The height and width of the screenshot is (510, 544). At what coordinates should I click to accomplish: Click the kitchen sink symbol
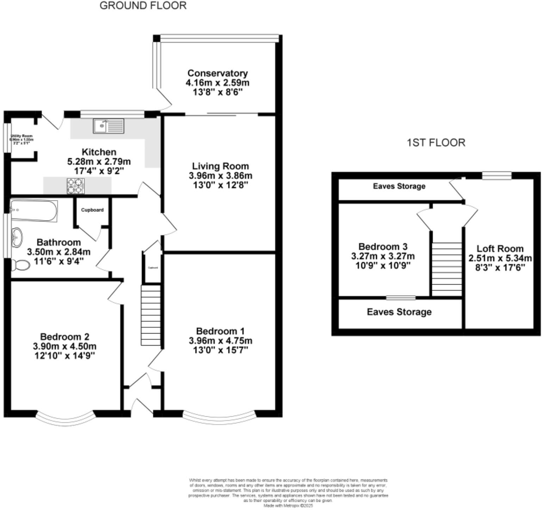pos(109,126)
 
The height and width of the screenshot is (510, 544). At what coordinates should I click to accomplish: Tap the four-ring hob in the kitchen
pos(76,186)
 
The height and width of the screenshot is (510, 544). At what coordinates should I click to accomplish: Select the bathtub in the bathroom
pos(34,211)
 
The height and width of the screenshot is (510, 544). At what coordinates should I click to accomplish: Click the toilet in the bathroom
pos(20,265)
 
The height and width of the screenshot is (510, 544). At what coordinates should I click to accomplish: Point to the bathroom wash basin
pos(17,236)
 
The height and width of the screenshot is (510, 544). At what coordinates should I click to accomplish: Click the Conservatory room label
pos(217,73)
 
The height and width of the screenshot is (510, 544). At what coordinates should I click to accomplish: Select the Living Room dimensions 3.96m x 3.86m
pos(220,175)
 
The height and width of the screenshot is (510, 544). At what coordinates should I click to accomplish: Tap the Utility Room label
pos(21,136)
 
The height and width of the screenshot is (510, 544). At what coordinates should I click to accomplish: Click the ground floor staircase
pos(151,315)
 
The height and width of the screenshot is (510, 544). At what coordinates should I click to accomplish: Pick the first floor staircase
pos(447,269)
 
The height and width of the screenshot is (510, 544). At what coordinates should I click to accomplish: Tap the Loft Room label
pos(500,248)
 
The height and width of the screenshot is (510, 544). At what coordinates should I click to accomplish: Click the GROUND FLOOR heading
pos(143,6)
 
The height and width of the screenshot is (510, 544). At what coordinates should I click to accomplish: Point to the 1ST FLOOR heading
pos(436,143)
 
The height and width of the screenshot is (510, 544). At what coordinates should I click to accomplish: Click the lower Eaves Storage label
pos(399,312)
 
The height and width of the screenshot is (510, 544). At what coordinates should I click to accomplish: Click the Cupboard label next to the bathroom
pos(92,210)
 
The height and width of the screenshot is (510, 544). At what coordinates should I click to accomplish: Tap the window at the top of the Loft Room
pos(496,175)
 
